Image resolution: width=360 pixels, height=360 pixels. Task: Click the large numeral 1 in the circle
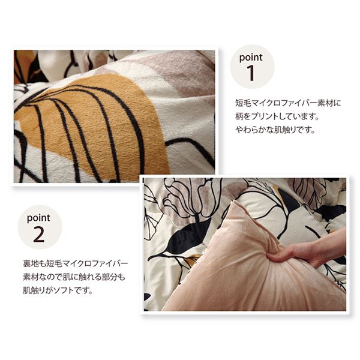pyautogui.click(x=251, y=73)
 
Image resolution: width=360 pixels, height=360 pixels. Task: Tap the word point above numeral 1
pyautogui.click(x=251, y=57)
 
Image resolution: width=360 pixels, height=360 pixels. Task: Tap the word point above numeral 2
pyautogui.click(x=38, y=218)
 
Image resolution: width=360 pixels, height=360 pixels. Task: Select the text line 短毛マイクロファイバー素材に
pyautogui.click(x=288, y=103)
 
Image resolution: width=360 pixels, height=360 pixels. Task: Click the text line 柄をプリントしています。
pyautogui.click(x=277, y=116)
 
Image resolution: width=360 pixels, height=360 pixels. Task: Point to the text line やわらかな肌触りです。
pyautogui.click(x=275, y=130)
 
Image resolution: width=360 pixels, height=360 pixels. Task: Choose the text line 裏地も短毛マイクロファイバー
pyautogui.click(x=76, y=263)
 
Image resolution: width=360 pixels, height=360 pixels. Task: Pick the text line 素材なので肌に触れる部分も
pyautogui.click(x=74, y=277)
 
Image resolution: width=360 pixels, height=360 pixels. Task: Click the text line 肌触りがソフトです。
pyautogui.click(x=58, y=290)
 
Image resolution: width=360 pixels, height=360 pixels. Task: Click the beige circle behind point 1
pyautogui.click(x=252, y=67)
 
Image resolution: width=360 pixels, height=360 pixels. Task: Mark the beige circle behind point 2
pyautogui.click(x=40, y=227)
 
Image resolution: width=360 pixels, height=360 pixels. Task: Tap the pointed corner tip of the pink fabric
pyautogui.click(x=234, y=202)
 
